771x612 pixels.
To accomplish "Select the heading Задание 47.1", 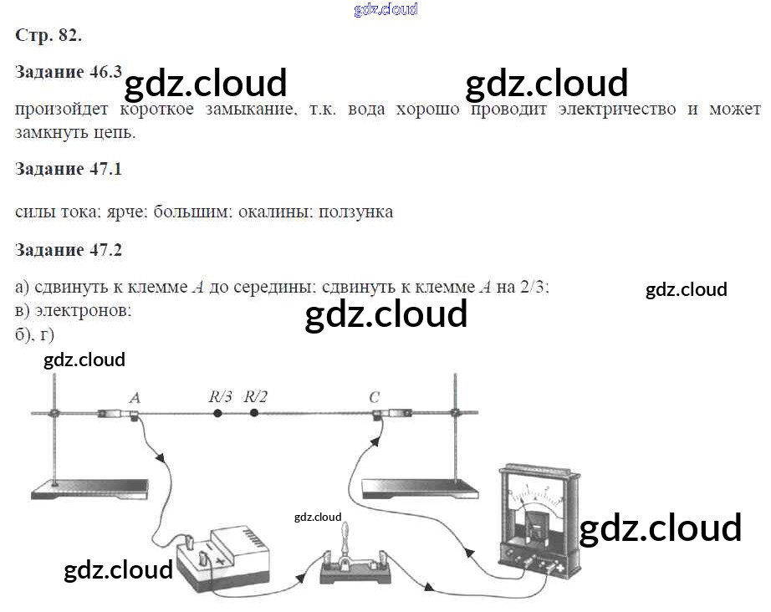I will click(x=69, y=169).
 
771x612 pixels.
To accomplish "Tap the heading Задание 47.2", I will click(x=69, y=250).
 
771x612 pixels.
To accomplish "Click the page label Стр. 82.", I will click(x=49, y=35).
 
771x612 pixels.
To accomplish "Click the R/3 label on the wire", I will click(x=221, y=396).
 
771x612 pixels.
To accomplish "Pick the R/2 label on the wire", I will click(x=256, y=396).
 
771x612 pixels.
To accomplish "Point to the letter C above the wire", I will click(x=374, y=397).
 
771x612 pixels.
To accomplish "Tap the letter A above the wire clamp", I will click(x=135, y=398).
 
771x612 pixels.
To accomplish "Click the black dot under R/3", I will click(x=217, y=413).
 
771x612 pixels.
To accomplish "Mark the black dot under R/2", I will click(x=254, y=413).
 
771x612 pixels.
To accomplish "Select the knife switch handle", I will click(x=342, y=535).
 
